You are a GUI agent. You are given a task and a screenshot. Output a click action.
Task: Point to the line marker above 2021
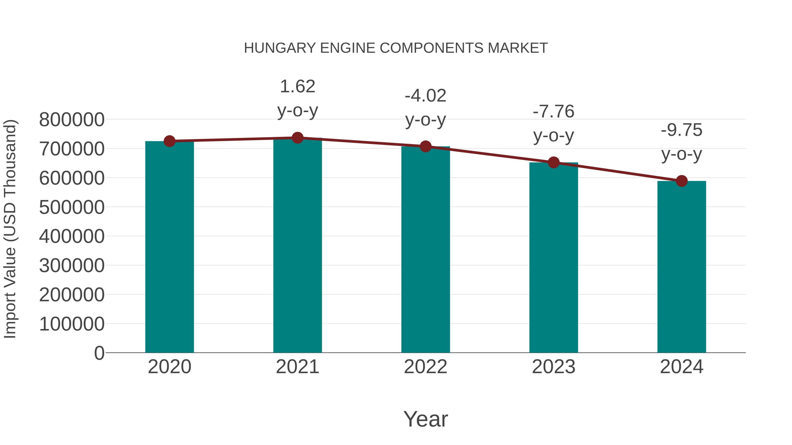297,138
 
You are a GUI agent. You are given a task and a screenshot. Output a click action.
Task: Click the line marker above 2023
554,162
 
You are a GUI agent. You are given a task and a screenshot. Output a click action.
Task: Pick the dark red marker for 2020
169,141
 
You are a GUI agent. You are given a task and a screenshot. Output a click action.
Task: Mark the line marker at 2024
682,181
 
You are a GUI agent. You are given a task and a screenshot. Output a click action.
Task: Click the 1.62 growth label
297,87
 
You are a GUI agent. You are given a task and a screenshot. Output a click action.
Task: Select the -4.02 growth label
425,96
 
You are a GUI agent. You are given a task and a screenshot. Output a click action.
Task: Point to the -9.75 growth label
682,130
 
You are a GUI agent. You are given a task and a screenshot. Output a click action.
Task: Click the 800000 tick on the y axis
72,120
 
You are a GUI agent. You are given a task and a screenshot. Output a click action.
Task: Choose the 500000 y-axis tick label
72,207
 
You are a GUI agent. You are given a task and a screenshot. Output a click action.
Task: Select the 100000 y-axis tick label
72,324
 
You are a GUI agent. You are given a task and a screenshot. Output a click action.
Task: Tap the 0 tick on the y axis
99,353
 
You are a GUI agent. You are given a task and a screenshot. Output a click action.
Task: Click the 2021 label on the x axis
297,367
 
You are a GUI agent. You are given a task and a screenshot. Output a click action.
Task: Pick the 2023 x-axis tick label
554,367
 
